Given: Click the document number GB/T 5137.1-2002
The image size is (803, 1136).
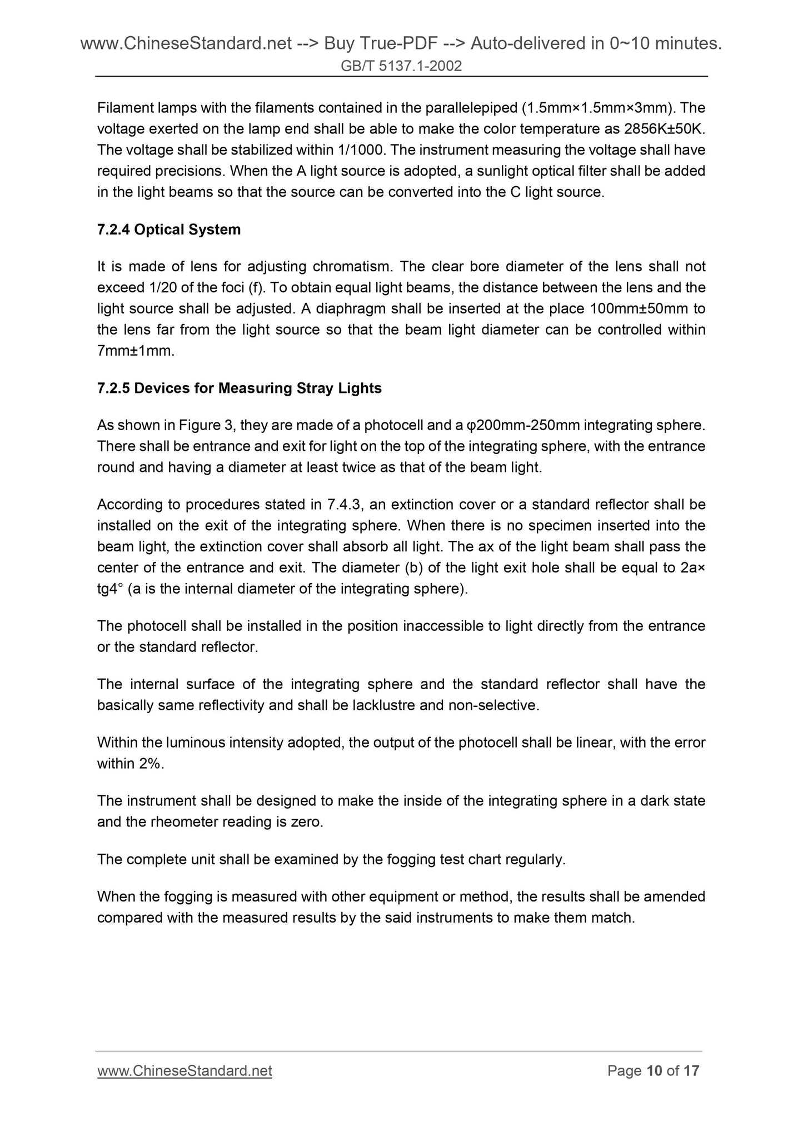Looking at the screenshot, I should pyautogui.click(x=401, y=67).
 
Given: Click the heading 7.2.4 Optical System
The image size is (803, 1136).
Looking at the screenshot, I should pyautogui.click(x=169, y=230).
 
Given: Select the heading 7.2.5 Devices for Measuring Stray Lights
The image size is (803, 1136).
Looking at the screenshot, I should pyautogui.click(x=239, y=388).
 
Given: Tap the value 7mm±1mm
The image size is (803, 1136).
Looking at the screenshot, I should pyautogui.click(x=136, y=351).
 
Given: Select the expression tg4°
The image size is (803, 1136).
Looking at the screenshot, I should pyautogui.click(x=109, y=589).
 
